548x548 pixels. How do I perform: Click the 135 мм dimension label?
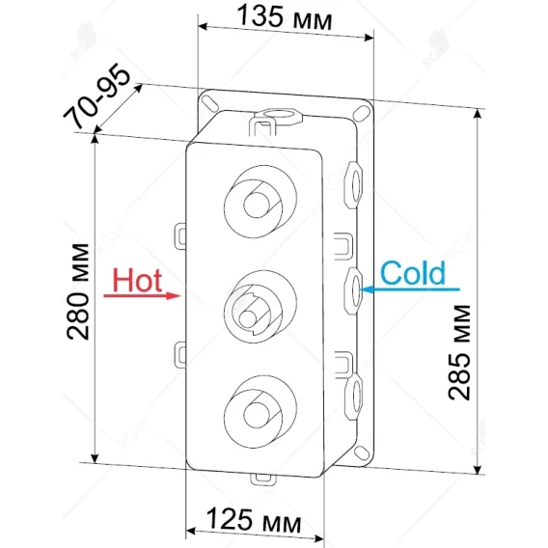[284, 18]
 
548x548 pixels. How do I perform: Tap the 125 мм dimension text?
[254, 520]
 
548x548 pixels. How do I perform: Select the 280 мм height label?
[78, 291]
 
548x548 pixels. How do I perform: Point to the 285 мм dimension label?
[459, 352]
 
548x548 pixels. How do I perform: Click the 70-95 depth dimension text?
[97, 96]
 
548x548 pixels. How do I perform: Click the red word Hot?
[137, 281]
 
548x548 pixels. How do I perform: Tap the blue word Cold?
[413, 273]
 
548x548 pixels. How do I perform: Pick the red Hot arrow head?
[173, 295]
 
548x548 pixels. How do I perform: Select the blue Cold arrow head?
[367, 289]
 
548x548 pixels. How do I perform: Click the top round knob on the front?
[260, 202]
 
